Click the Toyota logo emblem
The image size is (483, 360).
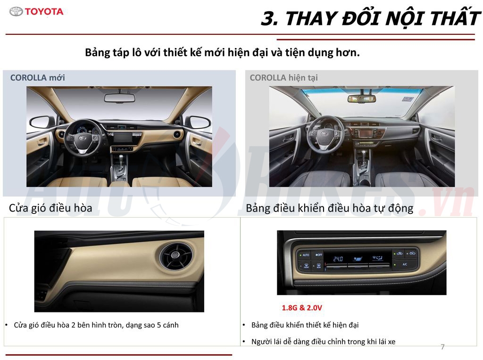[x=16, y=12]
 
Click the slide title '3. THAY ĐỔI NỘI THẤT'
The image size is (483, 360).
[x=370, y=19]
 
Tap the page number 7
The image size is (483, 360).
[x=442, y=347]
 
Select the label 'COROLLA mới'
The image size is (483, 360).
[x=38, y=78]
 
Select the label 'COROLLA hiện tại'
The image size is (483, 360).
[x=283, y=78]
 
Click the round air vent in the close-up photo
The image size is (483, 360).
[x=175, y=257]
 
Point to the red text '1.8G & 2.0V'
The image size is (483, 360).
[x=302, y=308]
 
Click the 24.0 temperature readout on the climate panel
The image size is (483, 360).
[x=338, y=259]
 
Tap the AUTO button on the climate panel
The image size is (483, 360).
[x=305, y=254]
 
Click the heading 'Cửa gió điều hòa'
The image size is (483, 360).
[x=50, y=208]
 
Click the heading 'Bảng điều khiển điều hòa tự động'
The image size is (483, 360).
[x=329, y=208]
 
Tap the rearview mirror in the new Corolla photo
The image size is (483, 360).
[x=119, y=98]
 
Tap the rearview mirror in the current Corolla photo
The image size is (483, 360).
[x=362, y=98]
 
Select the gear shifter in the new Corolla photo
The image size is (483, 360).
[x=118, y=166]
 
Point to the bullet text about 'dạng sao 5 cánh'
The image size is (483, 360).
[x=96, y=325]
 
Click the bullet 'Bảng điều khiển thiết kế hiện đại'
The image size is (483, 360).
[x=305, y=325]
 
